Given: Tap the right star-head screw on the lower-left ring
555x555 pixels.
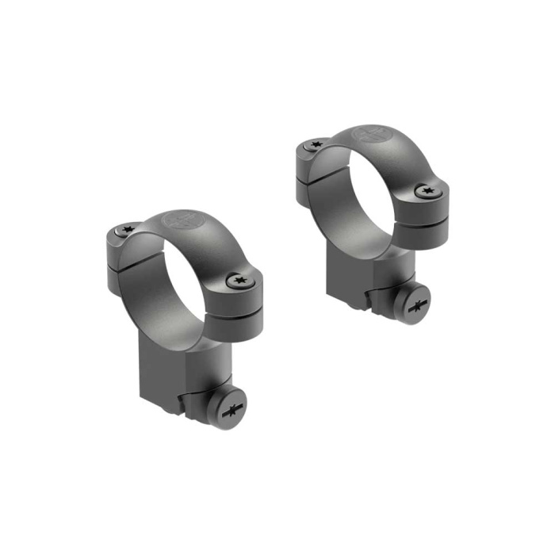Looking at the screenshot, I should (237, 280).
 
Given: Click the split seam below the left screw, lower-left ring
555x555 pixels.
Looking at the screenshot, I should (119, 262).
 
